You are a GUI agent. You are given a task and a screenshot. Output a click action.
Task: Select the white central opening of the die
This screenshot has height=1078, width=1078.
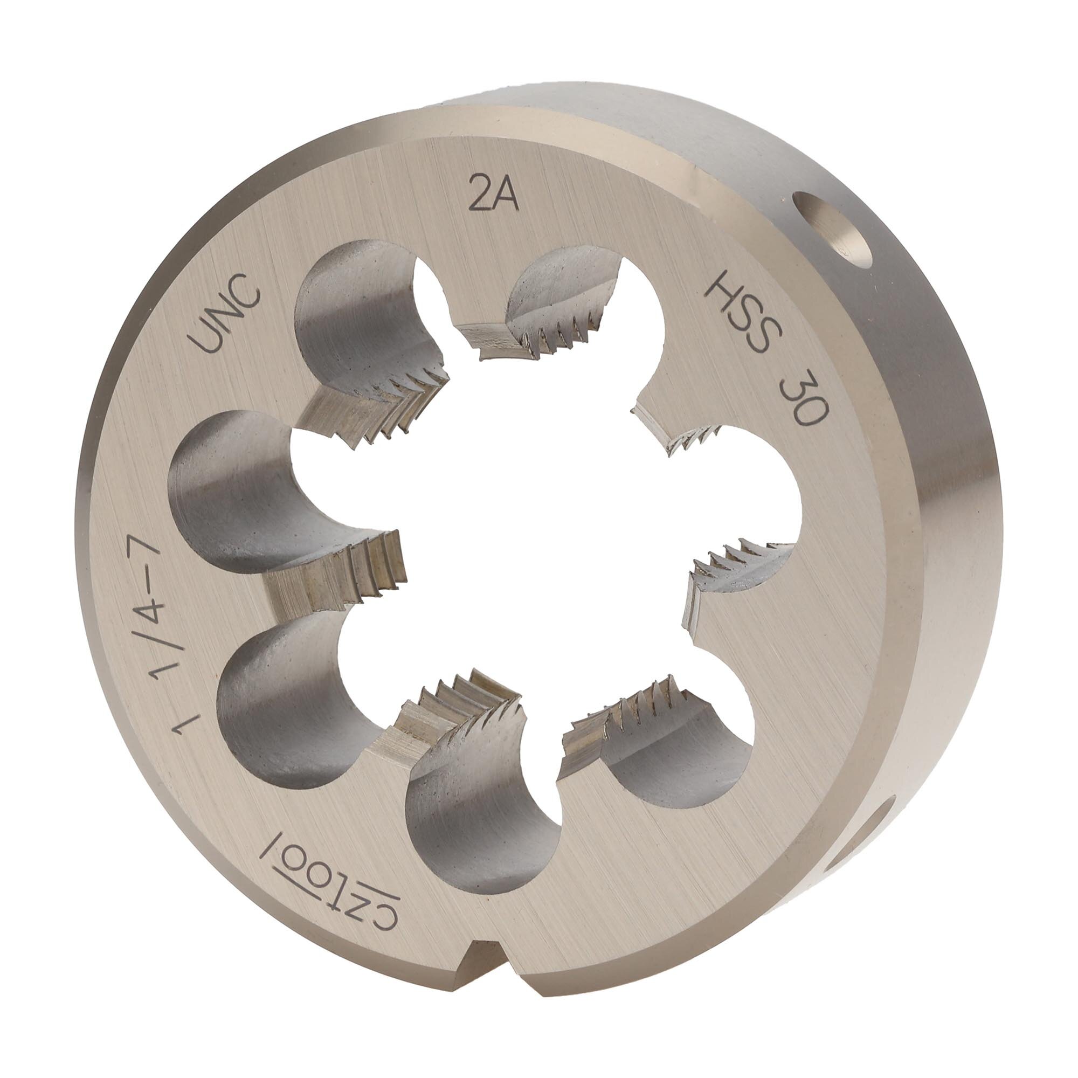pyautogui.click(x=536, y=536)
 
